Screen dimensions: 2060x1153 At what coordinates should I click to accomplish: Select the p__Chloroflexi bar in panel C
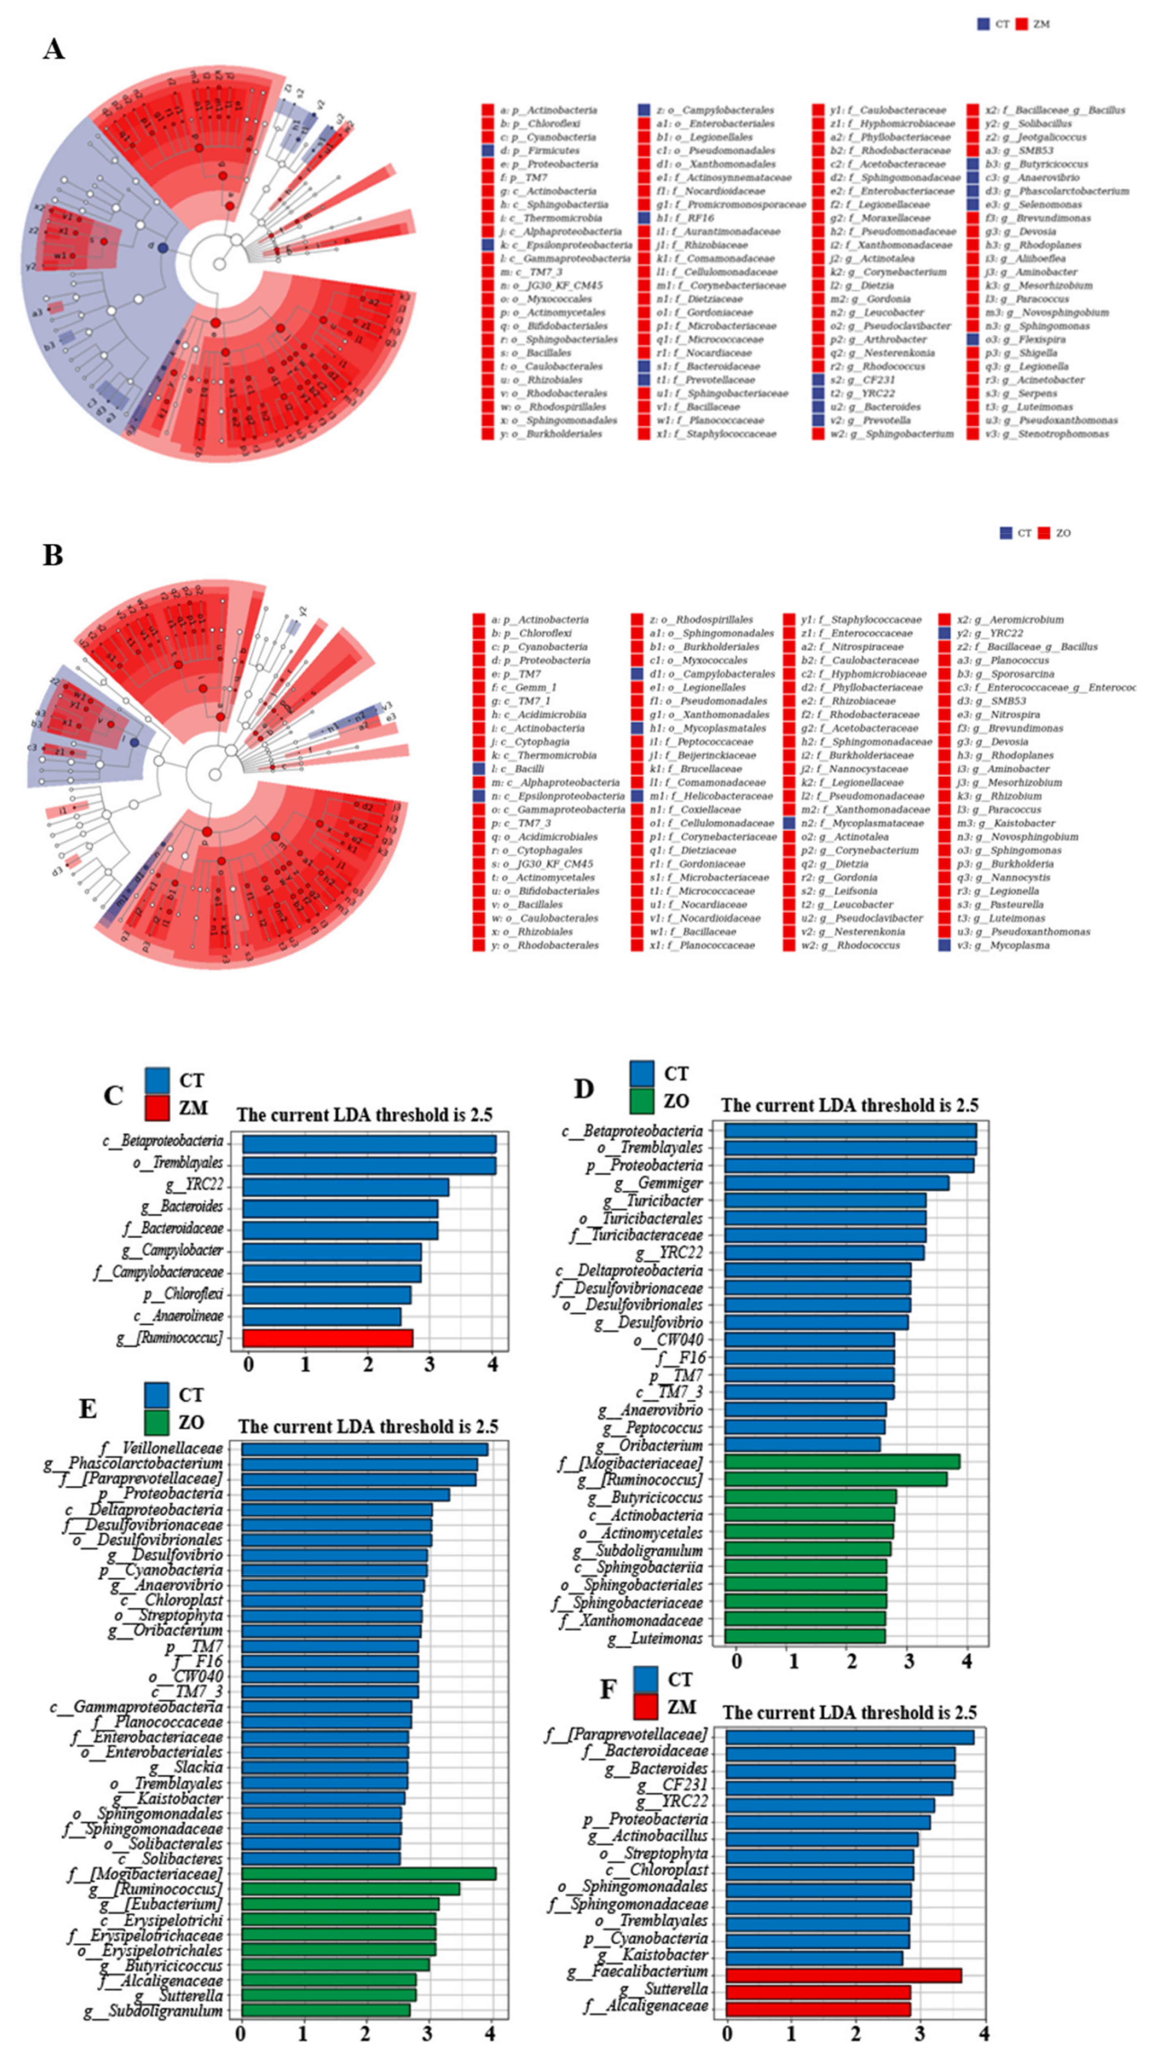[x=326, y=1294]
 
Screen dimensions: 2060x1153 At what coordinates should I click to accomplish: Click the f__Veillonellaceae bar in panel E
[x=364, y=1449]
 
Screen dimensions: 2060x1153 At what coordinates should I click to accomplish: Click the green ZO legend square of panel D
[x=642, y=1101]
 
